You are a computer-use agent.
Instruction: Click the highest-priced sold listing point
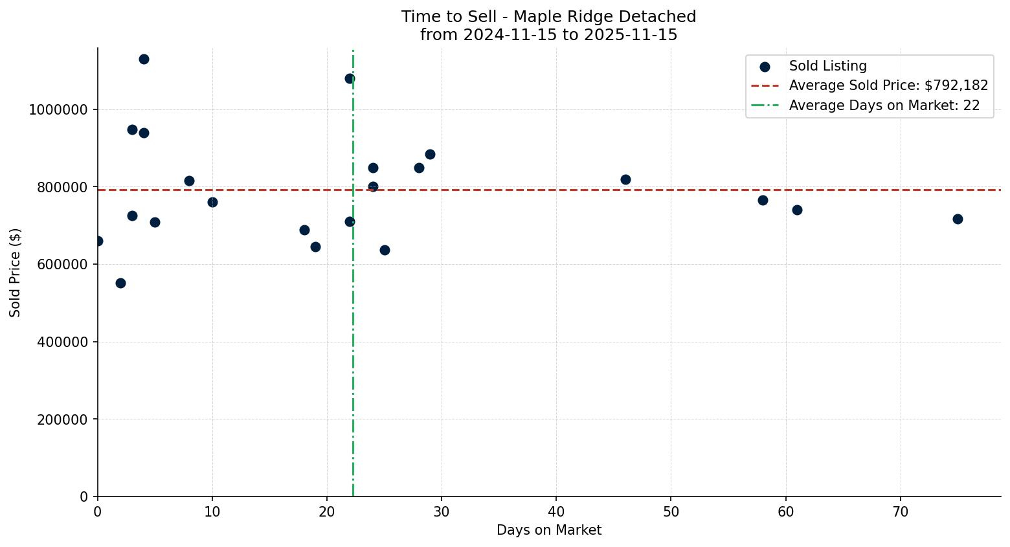click(144, 59)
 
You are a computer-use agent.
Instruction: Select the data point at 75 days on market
click(958, 219)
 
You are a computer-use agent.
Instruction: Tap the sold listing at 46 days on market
click(625, 179)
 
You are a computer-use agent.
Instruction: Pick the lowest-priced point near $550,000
click(120, 283)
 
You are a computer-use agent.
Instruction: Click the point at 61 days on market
click(797, 210)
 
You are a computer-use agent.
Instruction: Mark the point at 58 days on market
click(763, 200)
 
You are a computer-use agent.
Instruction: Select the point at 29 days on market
click(430, 154)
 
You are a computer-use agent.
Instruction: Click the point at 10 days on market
click(212, 202)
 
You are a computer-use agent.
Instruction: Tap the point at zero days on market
click(98, 241)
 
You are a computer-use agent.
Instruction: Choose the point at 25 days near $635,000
click(385, 250)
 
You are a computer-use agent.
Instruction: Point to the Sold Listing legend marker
click(765, 66)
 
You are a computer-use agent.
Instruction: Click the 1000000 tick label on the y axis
click(58, 109)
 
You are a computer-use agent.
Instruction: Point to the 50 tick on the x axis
click(671, 511)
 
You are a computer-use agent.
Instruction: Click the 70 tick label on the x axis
click(900, 511)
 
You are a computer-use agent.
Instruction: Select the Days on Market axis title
click(548, 530)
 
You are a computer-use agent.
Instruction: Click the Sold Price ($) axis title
click(15, 273)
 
